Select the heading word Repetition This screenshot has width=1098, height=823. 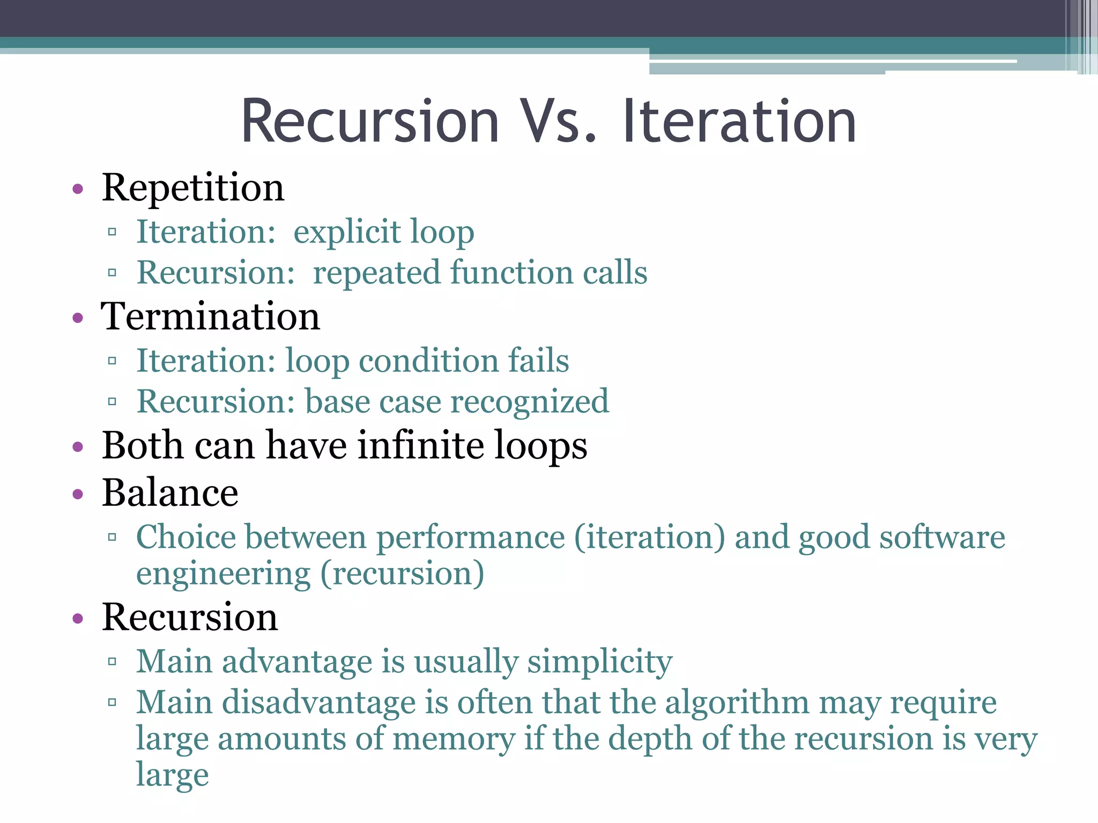point(193,188)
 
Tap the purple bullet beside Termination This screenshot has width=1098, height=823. point(78,318)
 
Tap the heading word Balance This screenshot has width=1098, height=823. point(170,493)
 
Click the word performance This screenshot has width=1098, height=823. point(471,537)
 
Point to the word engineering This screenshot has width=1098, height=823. point(223,574)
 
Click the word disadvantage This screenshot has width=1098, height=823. point(318,702)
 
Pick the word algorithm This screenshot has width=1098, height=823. point(737,702)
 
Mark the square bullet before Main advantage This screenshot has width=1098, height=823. point(112,662)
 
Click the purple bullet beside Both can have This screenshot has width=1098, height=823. point(78,446)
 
